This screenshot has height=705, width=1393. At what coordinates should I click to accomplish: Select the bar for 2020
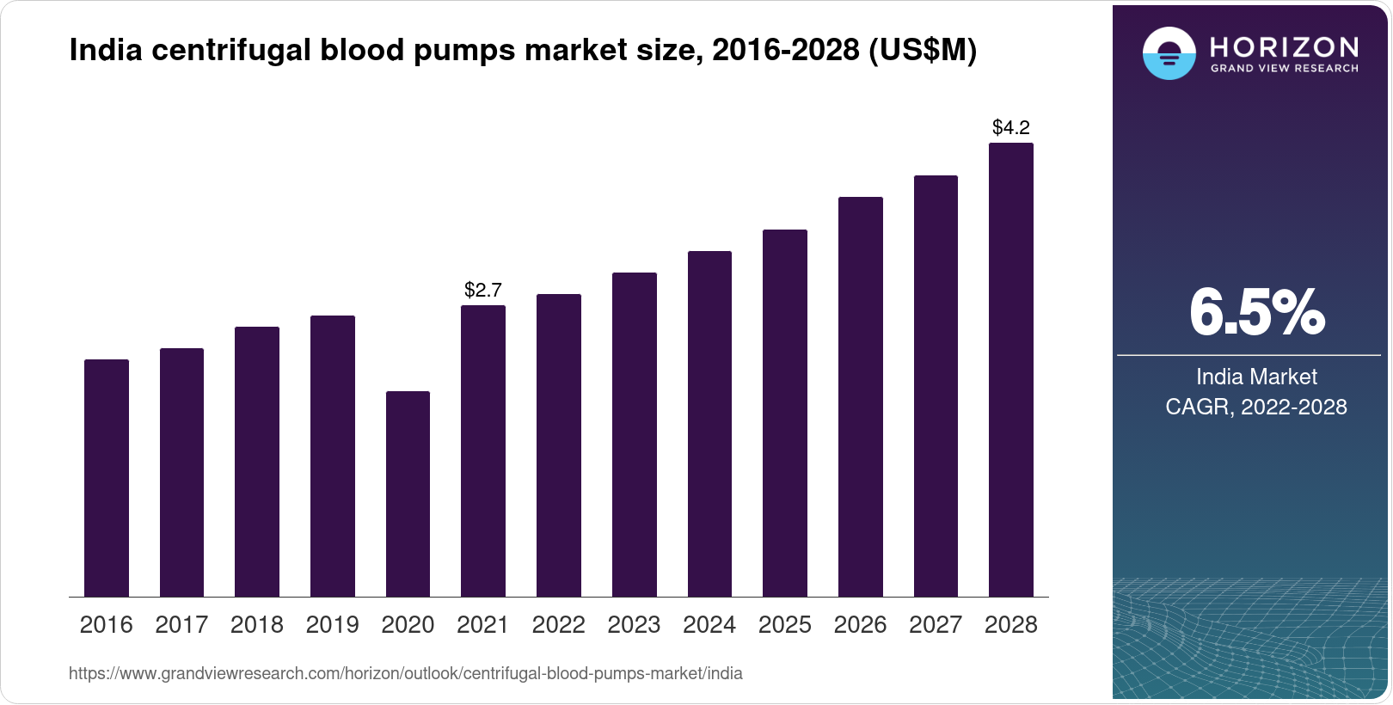pyautogui.click(x=408, y=493)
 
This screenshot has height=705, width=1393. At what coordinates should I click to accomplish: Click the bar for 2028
pyautogui.click(x=1011, y=370)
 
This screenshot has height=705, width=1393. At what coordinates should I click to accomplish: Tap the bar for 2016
pyautogui.click(x=107, y=478)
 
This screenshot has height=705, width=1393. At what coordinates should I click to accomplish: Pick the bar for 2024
pyautogui.click(x=709, y=424)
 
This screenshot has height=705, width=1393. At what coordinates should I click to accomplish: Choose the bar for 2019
pyautogui.click(x=333, y=456)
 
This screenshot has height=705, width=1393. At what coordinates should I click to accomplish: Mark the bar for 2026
pyautogui.click(x=860, y=396)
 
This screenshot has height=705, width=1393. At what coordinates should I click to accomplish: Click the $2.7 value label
pyautogui.click(x=482, y=290)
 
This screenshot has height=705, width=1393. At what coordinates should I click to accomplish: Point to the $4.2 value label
pyautogui.click(x=1011, y=128)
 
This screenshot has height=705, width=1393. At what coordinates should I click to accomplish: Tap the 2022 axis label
pyautogui.click(x=558, y=625)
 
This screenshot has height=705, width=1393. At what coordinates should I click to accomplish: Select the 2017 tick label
pyautogui.click(x=181, y=625)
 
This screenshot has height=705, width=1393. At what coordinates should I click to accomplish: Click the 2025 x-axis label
pyautogui.click(x=784, y=625)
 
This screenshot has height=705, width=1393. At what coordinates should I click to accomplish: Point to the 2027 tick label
pyautogui.click(x=936, y=625)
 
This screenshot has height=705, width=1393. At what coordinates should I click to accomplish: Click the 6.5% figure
pyautogui.click(x=1256, y=313)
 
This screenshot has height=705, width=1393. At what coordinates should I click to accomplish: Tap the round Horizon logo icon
pyautogui.click(x=1169, y=53)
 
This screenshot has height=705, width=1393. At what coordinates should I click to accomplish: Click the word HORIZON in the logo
pyautogui.click(x=1284, y=46)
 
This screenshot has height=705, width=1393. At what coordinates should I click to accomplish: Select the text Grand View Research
pyautogui.click(x=1284, y=69)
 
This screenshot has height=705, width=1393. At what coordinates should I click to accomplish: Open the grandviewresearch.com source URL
pyautogui.click(x=405, y=674)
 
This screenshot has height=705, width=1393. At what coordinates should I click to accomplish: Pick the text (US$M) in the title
pyautogui.click(x=923, y=51)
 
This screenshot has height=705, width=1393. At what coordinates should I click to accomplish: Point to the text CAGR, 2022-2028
pyautogui.click(x=1255, y=407)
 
